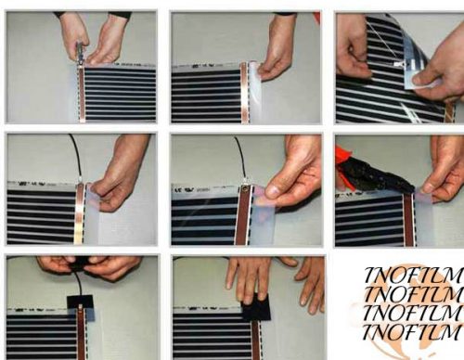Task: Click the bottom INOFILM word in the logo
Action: point(411,333)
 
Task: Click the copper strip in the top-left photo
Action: point(82,95)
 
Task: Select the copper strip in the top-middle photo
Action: point(244,93)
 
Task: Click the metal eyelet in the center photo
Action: point(245,188)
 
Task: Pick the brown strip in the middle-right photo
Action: point(408,220)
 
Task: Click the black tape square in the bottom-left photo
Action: point(81,302)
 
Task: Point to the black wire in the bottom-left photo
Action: point(78,281)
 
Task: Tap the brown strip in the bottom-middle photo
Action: point(256,341)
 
